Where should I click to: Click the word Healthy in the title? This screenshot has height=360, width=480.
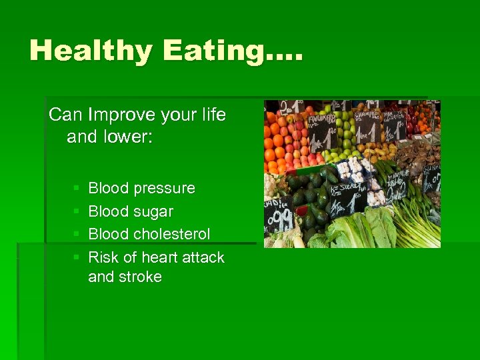[89, 51]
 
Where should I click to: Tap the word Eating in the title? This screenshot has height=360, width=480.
[221, 51]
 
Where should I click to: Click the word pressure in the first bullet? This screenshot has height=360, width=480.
[164, 189]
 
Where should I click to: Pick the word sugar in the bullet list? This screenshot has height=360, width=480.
[153, 211]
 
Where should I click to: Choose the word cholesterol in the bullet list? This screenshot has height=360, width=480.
[171, 234]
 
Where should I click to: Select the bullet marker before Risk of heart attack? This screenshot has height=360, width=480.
[77, 258]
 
